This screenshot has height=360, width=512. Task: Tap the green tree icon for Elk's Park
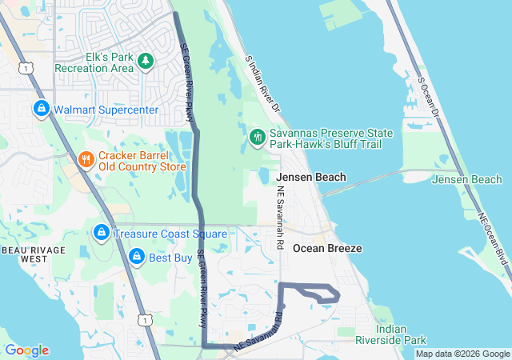coord(146,60)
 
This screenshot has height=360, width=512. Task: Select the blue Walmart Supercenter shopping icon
coord(41,107)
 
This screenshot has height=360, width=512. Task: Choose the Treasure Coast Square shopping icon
coord(101,233)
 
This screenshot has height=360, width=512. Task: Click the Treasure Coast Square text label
coord(170,234)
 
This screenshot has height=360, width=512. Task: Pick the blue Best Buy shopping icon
coord(137,258)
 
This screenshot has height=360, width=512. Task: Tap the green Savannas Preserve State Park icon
coord(257,138)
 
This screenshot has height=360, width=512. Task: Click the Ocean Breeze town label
coord(327,249)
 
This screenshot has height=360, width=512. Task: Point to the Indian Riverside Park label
coord(391,334)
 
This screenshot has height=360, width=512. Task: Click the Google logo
coord(26,350)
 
